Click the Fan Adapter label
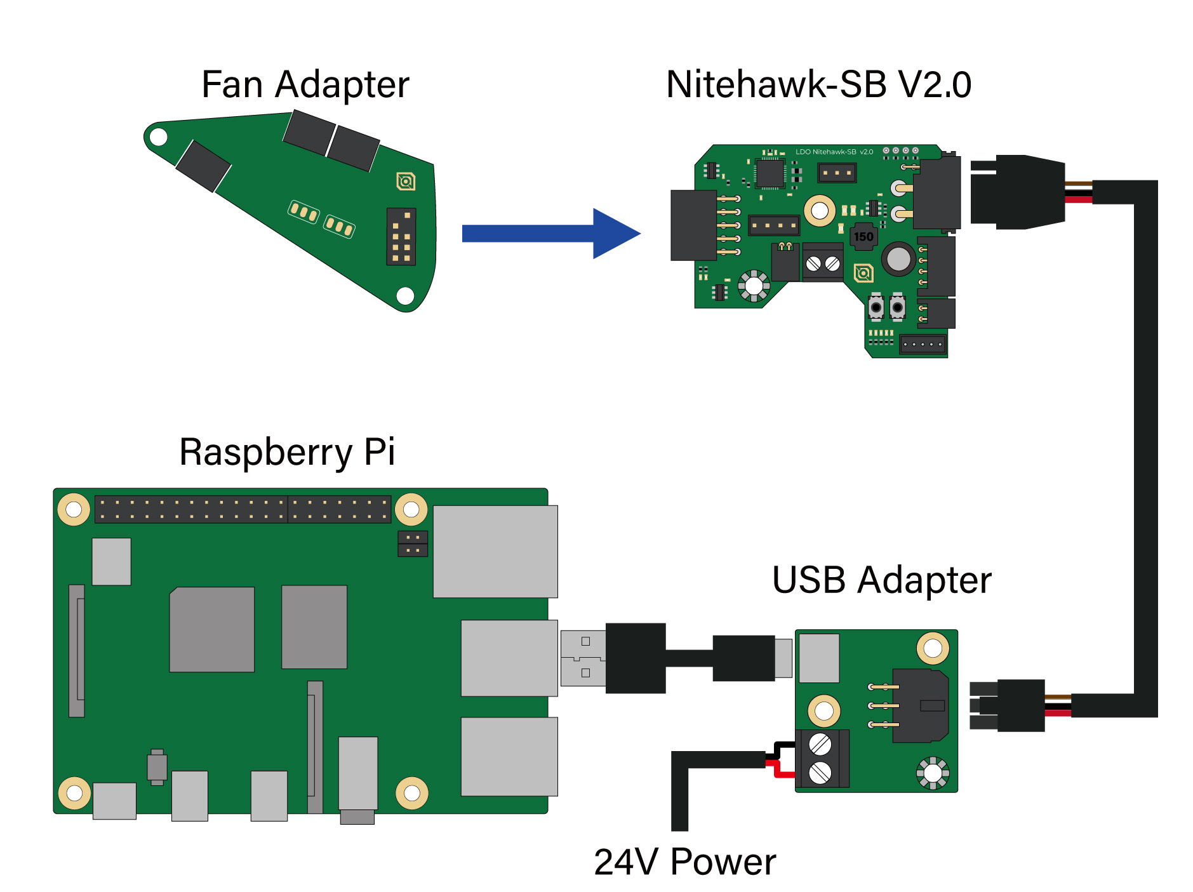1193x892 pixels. click(305, 85)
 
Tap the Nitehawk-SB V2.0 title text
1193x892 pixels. click(818, 85)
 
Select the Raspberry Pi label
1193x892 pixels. click(287, 452)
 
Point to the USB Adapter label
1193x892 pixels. click(881, 580)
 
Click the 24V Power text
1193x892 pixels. click(684, 862)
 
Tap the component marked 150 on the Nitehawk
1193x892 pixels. click(863, 237)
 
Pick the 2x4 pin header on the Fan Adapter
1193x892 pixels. click(401, 236)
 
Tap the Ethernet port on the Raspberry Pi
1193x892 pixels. click(495, 551)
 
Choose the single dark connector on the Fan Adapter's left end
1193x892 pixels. click(203, 166)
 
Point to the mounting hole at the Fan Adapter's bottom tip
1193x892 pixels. click(405, 295)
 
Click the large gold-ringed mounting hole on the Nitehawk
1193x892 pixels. click(820, 210)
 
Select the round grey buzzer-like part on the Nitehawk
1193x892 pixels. click(898, 258)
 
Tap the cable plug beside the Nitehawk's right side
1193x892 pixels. click(1016, 192)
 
